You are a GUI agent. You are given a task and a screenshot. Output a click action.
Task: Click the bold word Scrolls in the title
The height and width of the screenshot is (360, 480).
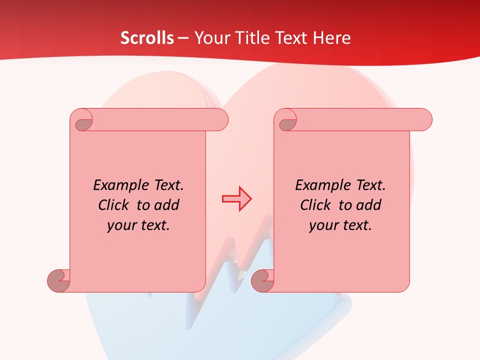[147, 38]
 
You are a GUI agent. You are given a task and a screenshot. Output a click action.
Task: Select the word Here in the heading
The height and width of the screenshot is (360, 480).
[331, 38]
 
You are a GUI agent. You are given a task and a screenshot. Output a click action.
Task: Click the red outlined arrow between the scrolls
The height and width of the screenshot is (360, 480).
[236, 199]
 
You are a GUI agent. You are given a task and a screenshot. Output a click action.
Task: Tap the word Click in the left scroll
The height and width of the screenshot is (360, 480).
[114, 205]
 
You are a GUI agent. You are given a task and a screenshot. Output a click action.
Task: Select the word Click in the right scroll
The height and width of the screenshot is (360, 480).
[315, 205]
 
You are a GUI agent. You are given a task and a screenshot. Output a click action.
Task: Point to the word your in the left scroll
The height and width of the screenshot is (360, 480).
[121, 225]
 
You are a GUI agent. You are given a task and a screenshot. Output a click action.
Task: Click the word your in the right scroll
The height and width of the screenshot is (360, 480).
[323, 225]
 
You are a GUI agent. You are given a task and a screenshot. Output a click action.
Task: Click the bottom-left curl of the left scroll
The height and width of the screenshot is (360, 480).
[59, 280]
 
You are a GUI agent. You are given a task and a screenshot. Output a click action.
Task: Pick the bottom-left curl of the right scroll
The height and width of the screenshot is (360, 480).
[263, 280]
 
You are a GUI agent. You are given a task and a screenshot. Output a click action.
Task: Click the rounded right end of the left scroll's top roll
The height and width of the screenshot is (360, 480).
[220, 119]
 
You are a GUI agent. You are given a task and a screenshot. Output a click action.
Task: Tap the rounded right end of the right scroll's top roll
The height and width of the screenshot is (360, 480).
[424, 119]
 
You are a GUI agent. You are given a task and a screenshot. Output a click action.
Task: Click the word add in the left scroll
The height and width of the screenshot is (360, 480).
[166, 205]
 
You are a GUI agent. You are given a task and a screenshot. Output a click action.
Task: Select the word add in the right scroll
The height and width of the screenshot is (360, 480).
[368, 205]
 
